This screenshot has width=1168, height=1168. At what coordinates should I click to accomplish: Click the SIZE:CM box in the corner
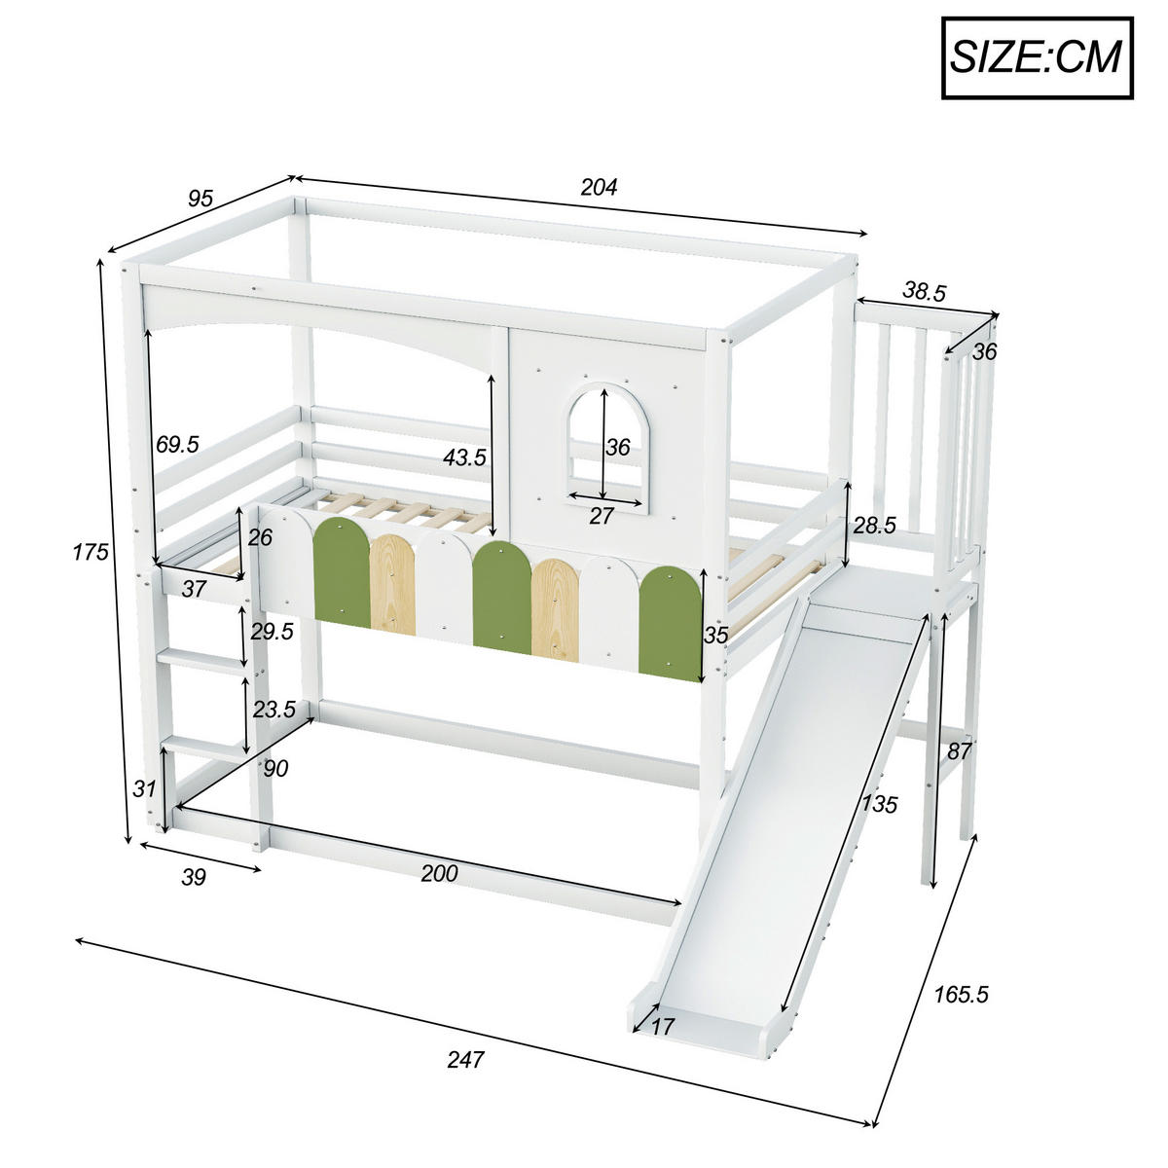1038,57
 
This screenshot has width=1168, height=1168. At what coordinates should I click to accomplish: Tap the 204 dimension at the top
599,188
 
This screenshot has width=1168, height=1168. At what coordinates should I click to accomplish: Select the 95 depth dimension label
200,199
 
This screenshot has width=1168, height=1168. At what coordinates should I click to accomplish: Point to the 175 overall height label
89,552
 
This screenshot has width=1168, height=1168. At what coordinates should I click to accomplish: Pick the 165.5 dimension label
961,994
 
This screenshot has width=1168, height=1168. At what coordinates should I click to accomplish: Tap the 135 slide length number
878,804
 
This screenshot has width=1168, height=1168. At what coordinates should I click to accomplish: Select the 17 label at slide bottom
663,1025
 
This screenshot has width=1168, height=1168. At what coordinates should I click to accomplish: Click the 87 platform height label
959,750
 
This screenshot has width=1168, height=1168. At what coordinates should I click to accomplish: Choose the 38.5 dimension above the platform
924,291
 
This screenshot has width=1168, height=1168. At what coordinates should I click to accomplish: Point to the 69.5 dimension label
177,444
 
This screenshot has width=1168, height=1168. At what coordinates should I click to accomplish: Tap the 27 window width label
602,516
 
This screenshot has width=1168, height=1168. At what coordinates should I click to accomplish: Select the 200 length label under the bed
439,873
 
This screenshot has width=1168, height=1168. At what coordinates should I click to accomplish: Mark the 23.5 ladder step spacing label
274,710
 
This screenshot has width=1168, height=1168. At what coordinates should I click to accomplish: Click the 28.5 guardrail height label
874,526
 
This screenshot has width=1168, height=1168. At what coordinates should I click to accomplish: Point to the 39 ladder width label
194,877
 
